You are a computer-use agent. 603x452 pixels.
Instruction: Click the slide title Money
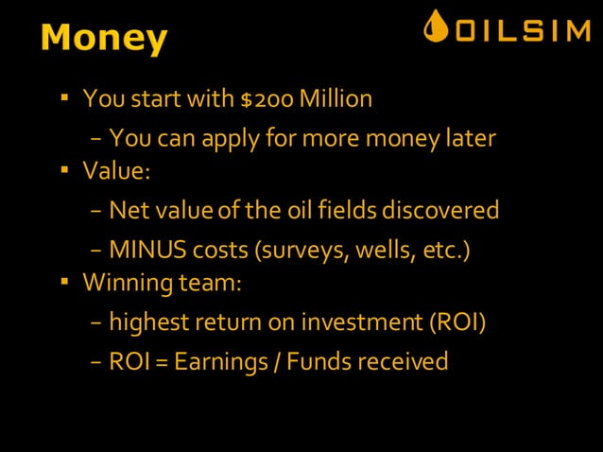coord(104,38)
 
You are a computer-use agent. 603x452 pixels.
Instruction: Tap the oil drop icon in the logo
coord(436,27)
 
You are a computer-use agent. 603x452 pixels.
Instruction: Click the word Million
coord(338,98)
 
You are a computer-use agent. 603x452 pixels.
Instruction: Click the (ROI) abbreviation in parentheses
coord(457,322)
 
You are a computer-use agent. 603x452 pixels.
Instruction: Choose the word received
coord(404,361)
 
